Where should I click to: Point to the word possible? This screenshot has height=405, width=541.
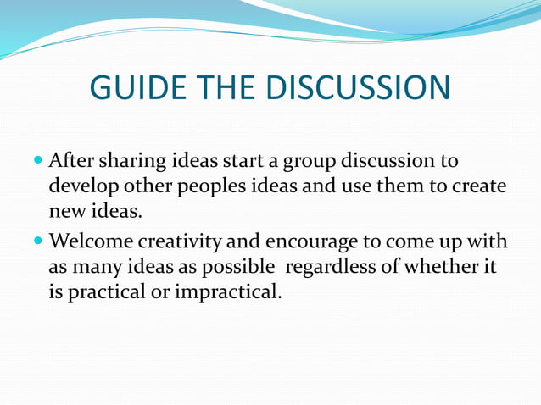(236, 269)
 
